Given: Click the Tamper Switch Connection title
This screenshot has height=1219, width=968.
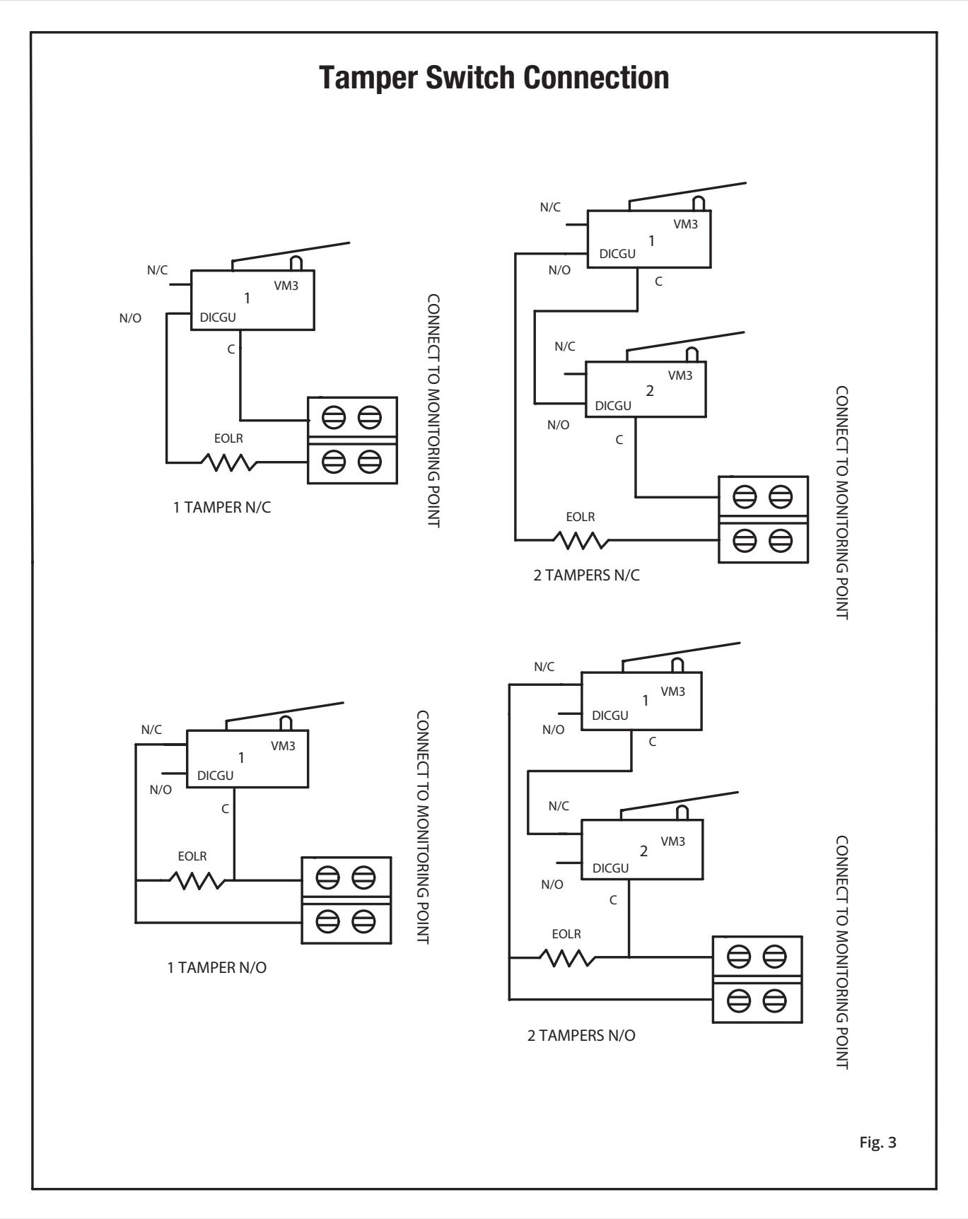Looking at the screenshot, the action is [494, 78].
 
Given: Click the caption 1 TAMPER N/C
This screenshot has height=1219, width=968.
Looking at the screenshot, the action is [222, 508].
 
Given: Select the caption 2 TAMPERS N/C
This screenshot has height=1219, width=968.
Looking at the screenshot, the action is [586, 575].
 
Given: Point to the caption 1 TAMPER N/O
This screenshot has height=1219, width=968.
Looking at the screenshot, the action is [217, 967].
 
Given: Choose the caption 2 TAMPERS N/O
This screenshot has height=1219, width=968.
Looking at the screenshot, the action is [581, 1036].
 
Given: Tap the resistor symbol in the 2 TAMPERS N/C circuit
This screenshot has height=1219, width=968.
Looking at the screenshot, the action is [580, 540].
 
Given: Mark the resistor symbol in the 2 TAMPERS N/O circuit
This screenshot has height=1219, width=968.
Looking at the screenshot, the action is [567, 958].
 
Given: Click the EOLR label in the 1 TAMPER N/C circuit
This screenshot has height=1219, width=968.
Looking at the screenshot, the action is [228, 439].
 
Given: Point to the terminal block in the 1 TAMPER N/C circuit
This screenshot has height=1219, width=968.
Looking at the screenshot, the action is [352, 440].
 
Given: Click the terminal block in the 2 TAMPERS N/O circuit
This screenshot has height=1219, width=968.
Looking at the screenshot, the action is [757, 979].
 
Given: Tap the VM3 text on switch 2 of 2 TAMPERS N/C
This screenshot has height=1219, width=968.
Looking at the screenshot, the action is [680, 375].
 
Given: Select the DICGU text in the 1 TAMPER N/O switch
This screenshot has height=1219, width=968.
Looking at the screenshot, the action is [216, 776].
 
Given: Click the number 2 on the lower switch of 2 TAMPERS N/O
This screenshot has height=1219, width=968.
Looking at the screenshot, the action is [643, 851].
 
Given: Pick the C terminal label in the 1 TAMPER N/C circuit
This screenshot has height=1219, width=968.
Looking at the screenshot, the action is [231, 349].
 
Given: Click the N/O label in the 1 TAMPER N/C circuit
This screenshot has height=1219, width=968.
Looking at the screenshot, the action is [130, 318].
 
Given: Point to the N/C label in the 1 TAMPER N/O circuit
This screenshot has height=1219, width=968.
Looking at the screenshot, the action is [151, 730].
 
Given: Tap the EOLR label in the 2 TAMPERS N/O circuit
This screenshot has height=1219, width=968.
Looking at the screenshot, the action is [566, 934].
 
